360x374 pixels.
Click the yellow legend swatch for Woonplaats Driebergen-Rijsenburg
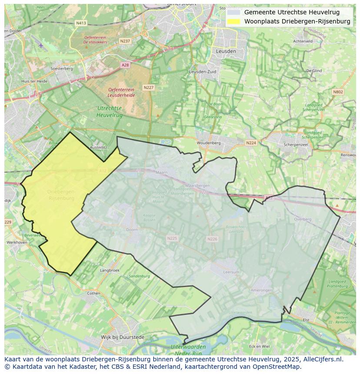click(x=233, y=21)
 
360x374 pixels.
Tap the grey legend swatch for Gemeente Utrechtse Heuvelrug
click(x=233, y=12)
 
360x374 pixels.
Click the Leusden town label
click(x=226, y=51)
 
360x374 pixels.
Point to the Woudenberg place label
click(x=209, y=143)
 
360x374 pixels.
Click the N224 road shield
click(x=251, y=143)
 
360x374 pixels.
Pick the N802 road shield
click(x=338, y=92)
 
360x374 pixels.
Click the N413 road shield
click(x=81, y=23)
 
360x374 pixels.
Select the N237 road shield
click(x=125, y=41)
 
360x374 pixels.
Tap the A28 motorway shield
click(x=125, y=65)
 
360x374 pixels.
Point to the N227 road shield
click(x=149, y=87)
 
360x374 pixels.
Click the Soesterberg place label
click(x=61, y=69)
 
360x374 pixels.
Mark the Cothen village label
click(x=93, y=293)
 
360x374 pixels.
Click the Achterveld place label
click(x=303, y=41)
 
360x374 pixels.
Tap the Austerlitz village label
click(x=98, y=148)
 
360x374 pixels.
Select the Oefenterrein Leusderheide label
click(x=121, y=92)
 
